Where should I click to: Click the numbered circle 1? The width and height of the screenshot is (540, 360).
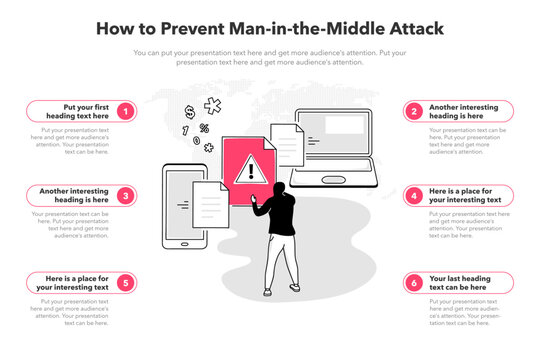point(125,110)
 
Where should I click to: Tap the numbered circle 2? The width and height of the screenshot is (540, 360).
point(414,110)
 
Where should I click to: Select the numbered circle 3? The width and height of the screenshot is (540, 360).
point(125,196)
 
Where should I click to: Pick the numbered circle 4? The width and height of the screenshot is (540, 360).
point(414,196)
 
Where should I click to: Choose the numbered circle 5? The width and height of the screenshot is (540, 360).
point(125,282)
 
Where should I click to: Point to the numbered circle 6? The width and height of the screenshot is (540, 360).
point(414,282)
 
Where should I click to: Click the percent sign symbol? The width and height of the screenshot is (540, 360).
point(204,128)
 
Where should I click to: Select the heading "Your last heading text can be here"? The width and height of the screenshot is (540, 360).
point(465,282)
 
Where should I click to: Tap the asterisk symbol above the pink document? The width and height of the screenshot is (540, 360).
point(213,105)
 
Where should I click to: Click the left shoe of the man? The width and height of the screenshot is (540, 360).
point(267,289)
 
